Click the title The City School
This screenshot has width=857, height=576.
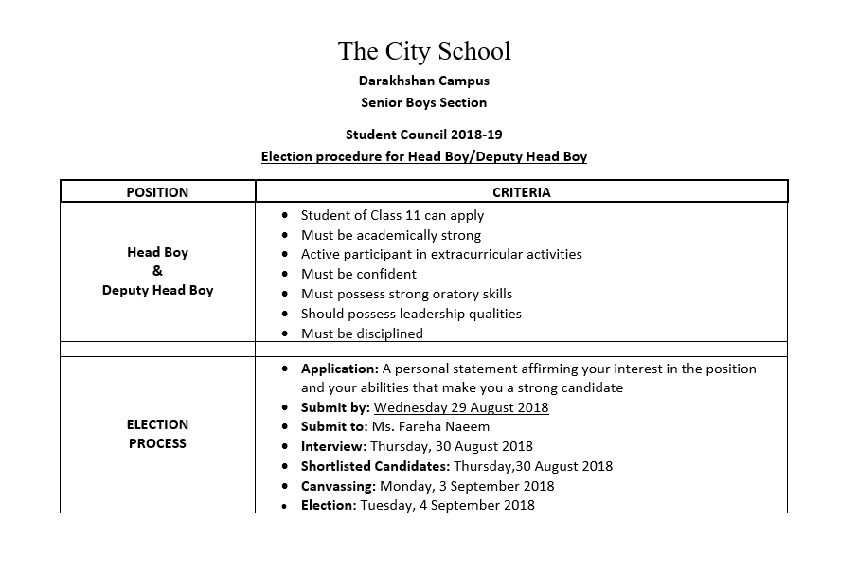[423, 50]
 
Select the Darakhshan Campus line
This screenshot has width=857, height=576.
[423, 81]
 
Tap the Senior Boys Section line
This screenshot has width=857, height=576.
[423, 102]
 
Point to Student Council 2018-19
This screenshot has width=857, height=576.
[423, 135]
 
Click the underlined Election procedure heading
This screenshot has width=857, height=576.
[423, 156]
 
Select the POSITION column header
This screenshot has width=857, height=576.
[157, 192]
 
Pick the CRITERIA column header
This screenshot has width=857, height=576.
[521, 192]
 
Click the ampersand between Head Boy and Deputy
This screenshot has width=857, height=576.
[157, 271]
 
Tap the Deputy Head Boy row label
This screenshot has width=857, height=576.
[157, 290]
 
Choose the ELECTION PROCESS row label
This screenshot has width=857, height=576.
[157, 434]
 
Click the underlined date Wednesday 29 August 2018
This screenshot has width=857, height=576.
[461, 407]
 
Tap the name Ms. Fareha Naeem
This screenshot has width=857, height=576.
[431, 426]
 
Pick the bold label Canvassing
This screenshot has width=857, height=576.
[338, 486]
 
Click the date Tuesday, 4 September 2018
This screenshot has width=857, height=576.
[447, 505]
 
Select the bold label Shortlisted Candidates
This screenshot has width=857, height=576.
[375, 466]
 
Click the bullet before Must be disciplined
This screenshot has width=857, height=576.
[286, 333]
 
